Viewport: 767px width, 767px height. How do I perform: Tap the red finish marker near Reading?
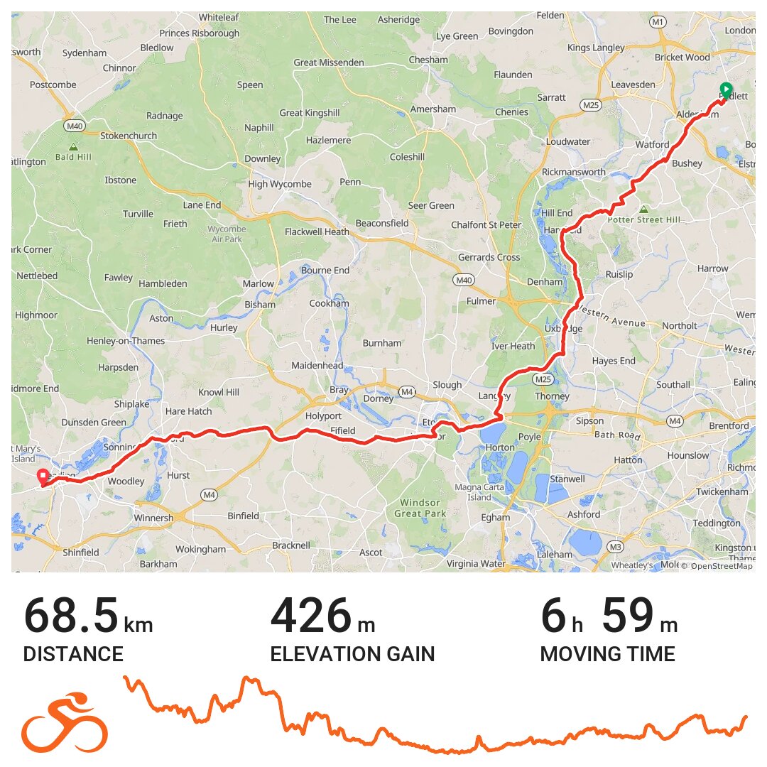pos(43,477)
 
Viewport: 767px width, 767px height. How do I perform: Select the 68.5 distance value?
pos(71,616)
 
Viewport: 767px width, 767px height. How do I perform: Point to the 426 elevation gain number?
pos(311,616)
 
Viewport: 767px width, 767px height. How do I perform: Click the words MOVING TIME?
pos(607,654)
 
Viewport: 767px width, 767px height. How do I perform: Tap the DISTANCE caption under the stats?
pos(73,654)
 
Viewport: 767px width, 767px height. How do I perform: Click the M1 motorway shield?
pos(658,22)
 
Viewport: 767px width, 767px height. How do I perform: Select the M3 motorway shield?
pos(615,547)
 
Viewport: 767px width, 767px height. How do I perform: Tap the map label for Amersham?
pos(433,109)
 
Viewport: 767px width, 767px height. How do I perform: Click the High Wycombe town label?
pos(280,185)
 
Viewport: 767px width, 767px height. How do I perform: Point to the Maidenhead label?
pos(317,366)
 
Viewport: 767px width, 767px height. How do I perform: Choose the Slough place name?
pos(447,385)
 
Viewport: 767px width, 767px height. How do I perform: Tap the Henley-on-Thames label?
pos(126,341)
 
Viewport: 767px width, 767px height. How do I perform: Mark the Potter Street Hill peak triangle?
pos(643,210)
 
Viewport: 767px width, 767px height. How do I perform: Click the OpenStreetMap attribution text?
pos(717,566)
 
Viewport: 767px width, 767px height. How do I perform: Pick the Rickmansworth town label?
pos(573,172)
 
